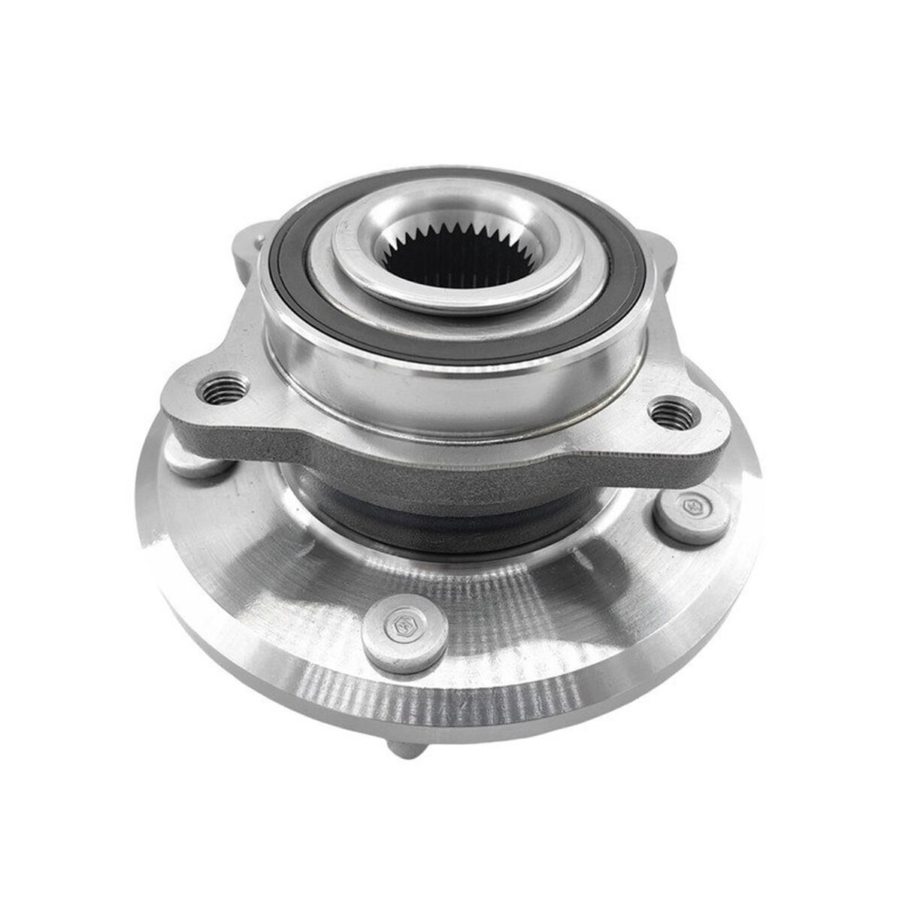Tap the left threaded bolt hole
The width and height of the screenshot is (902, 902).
(224, 389)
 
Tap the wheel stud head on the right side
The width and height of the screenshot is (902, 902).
(690, 516)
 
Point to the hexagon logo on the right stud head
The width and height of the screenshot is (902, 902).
(690, 505)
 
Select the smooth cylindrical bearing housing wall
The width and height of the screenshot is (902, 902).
(451, 383)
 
